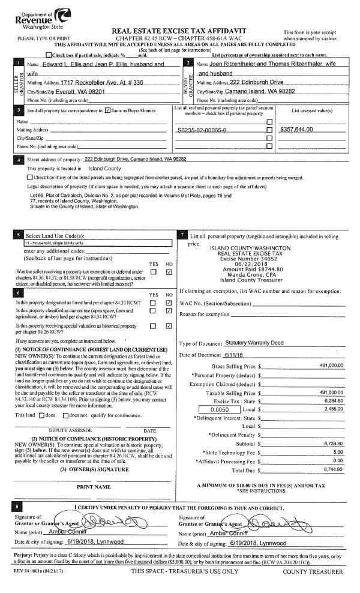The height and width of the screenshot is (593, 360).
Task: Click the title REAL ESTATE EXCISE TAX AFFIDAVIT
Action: [x=179, y=31]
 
